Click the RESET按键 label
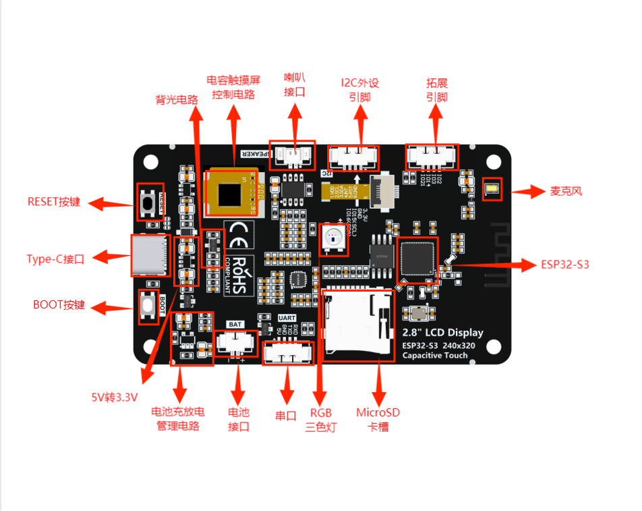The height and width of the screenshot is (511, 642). point(53,201)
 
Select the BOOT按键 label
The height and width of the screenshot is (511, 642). point(59,304)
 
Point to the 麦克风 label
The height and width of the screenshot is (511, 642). point(566,191)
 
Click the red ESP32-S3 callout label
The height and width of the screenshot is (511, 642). point(564,264)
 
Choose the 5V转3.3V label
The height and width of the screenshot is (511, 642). point(115,396)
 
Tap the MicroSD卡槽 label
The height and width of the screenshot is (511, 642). point(378,419)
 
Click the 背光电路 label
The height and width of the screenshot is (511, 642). point(177,99)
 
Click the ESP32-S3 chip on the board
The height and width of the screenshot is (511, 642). point(417,257)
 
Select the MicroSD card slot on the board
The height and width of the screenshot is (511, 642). point(358,322)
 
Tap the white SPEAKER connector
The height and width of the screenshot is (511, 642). point(292,156)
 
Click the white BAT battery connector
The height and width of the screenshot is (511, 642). point(235,343)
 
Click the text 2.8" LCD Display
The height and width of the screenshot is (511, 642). point(442,332)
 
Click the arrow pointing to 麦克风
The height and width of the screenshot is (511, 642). point(528,191)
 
